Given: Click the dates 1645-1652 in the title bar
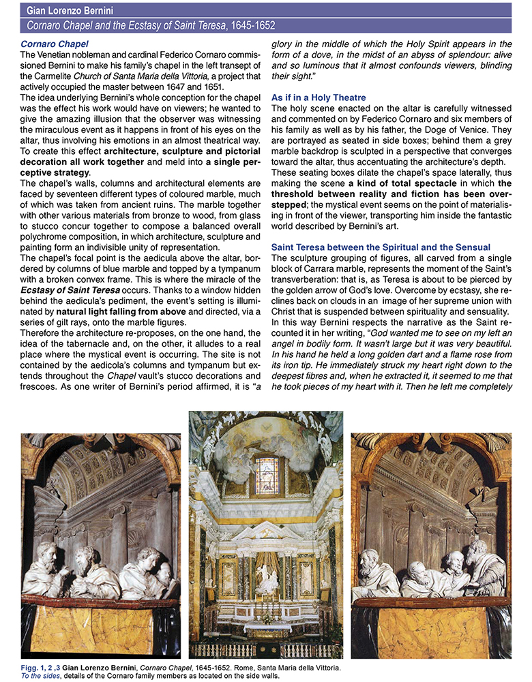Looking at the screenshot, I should (233, 26).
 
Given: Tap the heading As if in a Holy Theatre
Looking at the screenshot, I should (319, 97).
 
